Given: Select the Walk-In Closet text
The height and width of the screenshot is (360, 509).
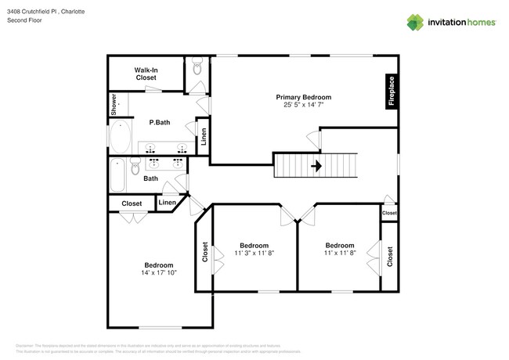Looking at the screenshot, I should click(x=146, y=74).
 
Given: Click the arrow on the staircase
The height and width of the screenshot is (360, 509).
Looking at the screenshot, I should click(x=317, y=166).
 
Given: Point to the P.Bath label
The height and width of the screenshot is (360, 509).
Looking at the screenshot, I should click(x=160, y=122).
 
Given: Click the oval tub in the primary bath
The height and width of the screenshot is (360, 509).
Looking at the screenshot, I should click(x=121, y=138).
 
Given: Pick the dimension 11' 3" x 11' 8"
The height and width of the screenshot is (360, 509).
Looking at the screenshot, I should click(x=254, y=254).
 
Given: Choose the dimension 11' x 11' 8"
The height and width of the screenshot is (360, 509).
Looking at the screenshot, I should click(x=340, y=254).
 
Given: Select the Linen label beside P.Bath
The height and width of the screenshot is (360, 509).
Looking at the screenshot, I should click(x=203, y=138).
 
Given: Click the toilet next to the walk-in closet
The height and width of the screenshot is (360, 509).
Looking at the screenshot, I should click(x=197, y=70).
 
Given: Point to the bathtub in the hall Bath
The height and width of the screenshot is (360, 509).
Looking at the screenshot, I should click(x=118, y=173).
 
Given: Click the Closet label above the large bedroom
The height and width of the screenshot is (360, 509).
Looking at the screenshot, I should click(x=132, y=203).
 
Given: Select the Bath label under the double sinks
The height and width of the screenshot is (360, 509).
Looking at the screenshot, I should click(x=151, y=178).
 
